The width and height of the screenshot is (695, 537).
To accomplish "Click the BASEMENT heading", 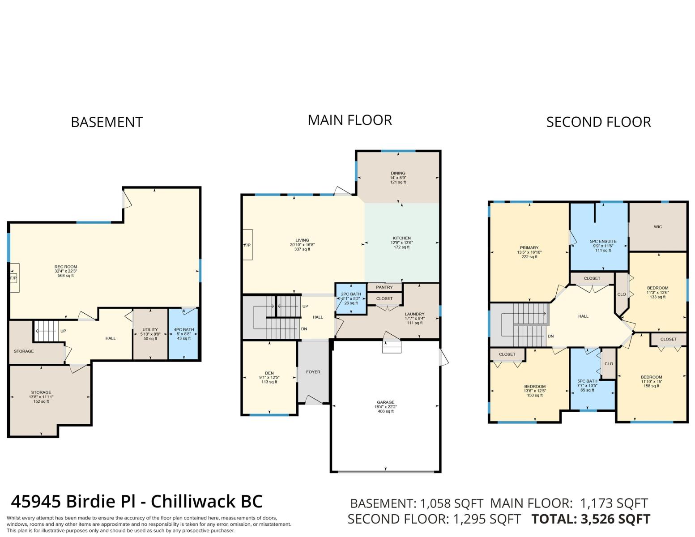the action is [107, 122].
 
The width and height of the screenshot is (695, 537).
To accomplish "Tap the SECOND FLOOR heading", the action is [598, 122].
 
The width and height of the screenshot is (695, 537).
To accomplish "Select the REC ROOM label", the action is [66, 267].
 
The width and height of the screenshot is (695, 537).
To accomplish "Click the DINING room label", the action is [398, 173].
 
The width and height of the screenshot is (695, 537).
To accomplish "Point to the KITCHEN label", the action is [402, 238].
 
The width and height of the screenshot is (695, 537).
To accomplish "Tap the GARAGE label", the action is [385, 402].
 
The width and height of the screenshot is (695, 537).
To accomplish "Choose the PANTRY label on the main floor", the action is [384, 287].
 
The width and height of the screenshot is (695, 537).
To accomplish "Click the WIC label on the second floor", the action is [658, 227].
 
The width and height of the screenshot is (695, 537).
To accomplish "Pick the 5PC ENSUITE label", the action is [603, 242].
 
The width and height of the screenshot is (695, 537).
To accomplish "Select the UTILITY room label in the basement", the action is [150, 329].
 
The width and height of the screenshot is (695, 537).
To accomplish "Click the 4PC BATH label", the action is [184, 329].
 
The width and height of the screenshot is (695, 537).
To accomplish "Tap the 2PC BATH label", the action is [351, 294].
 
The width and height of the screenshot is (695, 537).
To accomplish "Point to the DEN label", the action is [269, 373].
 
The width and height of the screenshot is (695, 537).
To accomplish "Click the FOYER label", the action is [313, 372].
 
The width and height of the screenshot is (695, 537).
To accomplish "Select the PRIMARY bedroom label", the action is [529, 247].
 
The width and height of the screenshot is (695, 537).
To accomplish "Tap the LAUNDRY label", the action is [414, 314].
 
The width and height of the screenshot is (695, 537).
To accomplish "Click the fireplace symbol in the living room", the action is [247, 245].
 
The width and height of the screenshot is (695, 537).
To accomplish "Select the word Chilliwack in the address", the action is [193, 502].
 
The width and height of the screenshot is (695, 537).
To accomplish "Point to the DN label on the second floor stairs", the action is [550, 336].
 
